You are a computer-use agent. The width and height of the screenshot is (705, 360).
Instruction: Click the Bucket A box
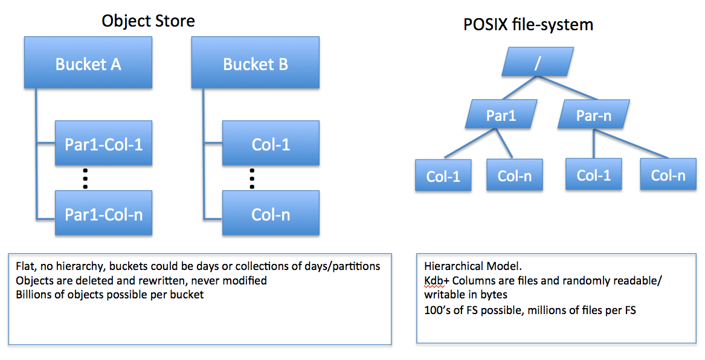click(88, 63)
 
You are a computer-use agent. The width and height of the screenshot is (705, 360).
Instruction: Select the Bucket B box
click(255, 63)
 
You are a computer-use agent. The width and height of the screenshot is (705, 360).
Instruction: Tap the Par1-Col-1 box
click(103, 143)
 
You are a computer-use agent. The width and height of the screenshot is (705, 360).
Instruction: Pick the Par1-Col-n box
click(103, 213)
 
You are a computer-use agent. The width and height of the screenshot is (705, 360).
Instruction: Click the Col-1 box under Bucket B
click(270, 143)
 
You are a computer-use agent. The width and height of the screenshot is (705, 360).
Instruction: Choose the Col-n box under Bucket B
click(270, 213)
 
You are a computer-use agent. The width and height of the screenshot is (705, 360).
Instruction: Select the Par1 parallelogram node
click(501, 114)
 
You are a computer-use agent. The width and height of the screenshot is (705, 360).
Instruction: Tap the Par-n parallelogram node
click(594, 114)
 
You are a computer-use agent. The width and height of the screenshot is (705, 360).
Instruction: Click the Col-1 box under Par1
click(443, 176)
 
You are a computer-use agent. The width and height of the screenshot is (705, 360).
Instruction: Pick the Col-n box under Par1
click(515, 175)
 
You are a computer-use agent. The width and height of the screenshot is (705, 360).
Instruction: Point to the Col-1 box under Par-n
click(594, 175)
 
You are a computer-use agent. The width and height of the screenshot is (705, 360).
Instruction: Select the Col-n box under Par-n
click(668, 175)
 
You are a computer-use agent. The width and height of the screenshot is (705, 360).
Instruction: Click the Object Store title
click(148, 21)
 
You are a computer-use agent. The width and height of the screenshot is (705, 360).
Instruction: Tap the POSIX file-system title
click(528, 25)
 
